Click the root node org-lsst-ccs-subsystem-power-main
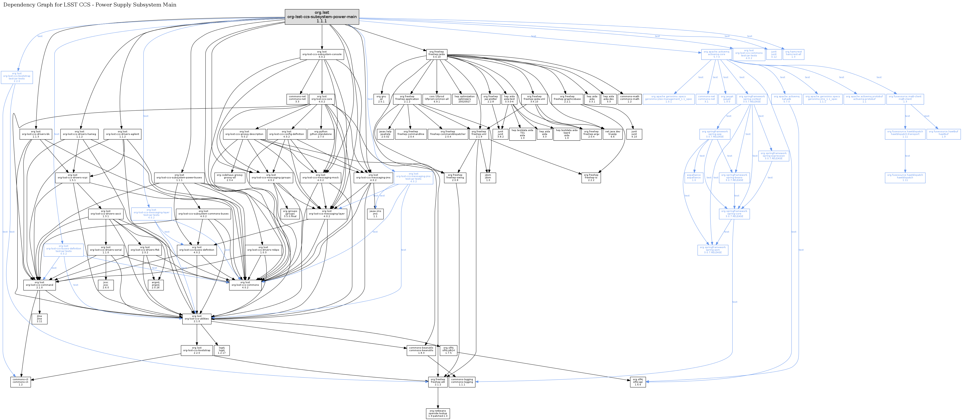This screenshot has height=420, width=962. [x=322, y=17]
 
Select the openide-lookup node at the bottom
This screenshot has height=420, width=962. [x=438, y=413]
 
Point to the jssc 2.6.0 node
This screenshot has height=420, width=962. [x=106, y=285]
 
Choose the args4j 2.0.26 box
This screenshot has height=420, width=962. [x=155, y=285]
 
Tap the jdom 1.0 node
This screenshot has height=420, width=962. [x=488, y=177]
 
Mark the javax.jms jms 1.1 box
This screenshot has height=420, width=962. [x=375, y=213]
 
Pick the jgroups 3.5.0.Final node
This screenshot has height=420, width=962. [x=290, y=213]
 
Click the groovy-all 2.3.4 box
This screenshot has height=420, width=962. [x=230, y=177]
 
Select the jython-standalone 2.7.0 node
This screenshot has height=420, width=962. [x=321, y=134]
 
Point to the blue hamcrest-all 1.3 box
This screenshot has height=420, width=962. [x=793, y=54]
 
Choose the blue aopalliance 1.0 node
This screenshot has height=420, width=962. [x=694, y=177]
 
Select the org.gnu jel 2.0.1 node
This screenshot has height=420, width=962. [x=381, y=99]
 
